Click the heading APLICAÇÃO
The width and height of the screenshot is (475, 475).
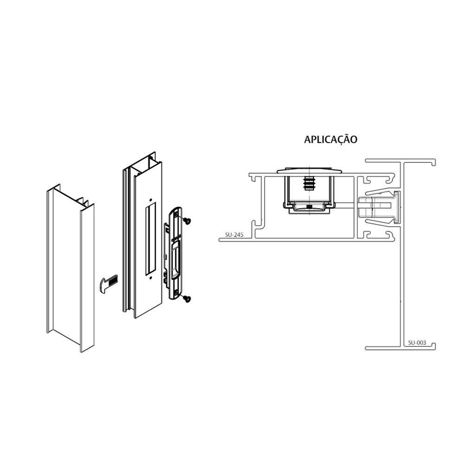[x=330, y=139]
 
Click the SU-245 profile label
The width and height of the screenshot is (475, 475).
[x=234, y=234]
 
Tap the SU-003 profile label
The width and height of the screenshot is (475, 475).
[x=417, y=343]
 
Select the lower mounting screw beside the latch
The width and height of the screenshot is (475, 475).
[x=187, y=299]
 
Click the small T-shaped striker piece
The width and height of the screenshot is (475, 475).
[x=108, y=283]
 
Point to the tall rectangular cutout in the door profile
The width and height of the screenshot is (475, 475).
[x=151, y=239]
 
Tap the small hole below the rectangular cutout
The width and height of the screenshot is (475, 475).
[x=151, y=278]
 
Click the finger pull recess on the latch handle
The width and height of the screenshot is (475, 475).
[x=175, y=261]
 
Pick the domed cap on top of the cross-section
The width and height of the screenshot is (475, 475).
[x=309, y=170]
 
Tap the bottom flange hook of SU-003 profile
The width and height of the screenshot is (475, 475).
[x=434, y=346]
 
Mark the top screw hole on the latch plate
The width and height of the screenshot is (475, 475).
[x=176, y=214]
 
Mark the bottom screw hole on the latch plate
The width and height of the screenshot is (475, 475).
[x=176, y=292]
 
